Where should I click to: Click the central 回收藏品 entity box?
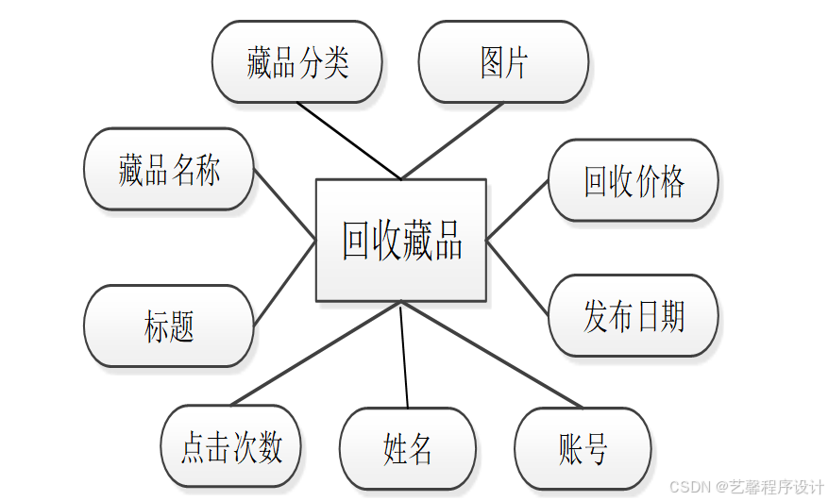click(400, 241)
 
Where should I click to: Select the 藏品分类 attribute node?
click(297, 62)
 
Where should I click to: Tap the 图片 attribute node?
click(503, 62)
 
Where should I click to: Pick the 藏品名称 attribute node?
click(169, 170)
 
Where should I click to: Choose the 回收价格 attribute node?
click(634, 181)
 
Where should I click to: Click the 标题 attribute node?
click(169, 326)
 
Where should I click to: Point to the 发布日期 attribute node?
click(634, 316)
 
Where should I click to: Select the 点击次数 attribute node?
click(231, 447)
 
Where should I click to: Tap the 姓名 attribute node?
click(407, 448)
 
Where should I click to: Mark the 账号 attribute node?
click(583, 447)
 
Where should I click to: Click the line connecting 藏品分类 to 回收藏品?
click(349, 141)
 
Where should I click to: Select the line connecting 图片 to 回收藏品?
click(452, 141)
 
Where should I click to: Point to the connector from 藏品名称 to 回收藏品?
click(284, 205)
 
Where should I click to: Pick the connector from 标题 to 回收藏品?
click(284, 283)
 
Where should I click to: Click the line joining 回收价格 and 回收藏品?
click(517, 209)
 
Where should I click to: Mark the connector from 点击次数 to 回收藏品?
click(316, 353)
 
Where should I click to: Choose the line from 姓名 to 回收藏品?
click(404, 355)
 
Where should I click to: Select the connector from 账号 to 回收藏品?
click(491, 355)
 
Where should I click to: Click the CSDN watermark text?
click(746, 486)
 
